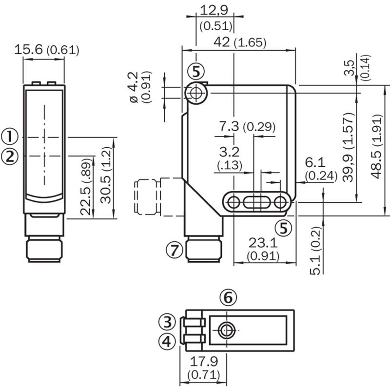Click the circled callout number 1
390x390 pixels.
point(10,136)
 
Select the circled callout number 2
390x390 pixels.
point(10,156)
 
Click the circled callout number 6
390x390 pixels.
point(228,297)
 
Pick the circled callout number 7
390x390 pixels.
point(175,250)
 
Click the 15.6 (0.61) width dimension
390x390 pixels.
point(47,50)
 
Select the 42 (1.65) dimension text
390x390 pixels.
point(240,42)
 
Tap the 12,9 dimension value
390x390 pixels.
point(214,10)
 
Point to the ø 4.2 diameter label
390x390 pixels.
point(134,87)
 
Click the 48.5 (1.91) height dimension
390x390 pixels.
point(376,147)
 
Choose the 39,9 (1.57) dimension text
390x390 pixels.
point(348,147)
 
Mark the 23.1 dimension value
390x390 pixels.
point(263,242)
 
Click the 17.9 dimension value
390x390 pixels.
point(204,361)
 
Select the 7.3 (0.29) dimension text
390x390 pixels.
point(247,127)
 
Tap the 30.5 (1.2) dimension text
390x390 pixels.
point(107,175)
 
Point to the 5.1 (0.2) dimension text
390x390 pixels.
point(315,251)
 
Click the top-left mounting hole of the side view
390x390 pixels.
point(196,93)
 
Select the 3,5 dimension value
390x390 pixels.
point(350,67)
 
